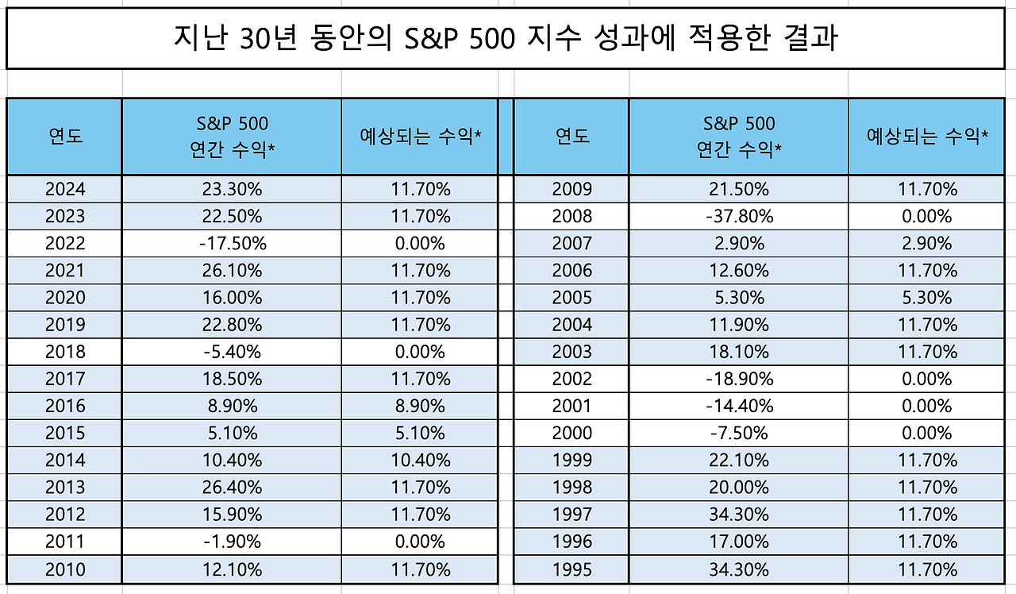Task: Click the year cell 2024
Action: [65, 189]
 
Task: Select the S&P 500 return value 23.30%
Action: [232, 189]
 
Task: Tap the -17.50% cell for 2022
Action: [232, 243]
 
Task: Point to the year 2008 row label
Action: [571, 216]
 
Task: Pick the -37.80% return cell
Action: [738, 216]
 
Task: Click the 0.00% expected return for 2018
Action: [420, 352]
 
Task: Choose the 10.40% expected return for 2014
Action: [420, 460]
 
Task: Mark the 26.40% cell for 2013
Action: [232, 487]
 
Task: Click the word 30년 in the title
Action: [263, 38]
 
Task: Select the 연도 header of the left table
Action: [65, 136]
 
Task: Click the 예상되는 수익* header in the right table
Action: [926, 136]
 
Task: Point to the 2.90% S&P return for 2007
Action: [738, 243]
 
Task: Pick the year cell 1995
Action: [571, 569]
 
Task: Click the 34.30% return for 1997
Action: [738, 515]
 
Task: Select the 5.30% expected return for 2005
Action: [926, 298]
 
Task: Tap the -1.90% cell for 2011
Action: [232, 542]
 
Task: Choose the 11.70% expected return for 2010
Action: [420, 569]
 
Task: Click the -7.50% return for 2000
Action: [738, 433]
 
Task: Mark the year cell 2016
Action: [65, 406]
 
